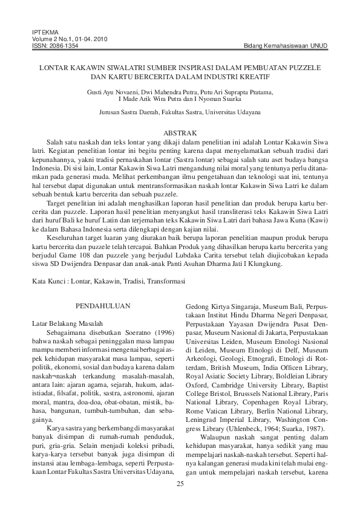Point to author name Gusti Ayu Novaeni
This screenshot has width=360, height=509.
click(x=111, y=91)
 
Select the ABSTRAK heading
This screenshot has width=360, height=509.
click(x=180, y=132)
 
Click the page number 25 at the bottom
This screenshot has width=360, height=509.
click(x=180, y=484)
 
